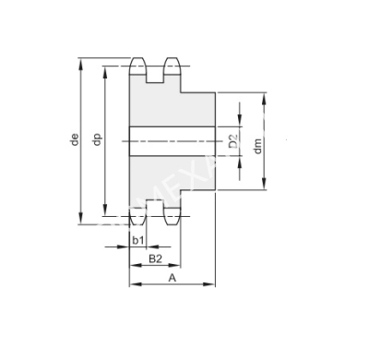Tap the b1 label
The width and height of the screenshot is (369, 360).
137,241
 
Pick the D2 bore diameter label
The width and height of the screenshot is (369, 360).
233,141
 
